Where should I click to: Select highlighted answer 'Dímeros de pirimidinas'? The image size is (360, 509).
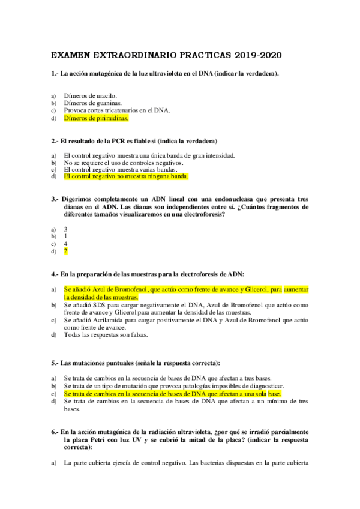coord(96,118)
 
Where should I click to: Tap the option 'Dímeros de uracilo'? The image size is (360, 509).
coord(91,95)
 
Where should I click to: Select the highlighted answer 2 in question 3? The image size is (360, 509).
coord(65,251)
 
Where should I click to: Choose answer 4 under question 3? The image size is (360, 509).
coord(65,244)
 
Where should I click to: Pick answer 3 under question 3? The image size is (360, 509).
coord(65,229)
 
